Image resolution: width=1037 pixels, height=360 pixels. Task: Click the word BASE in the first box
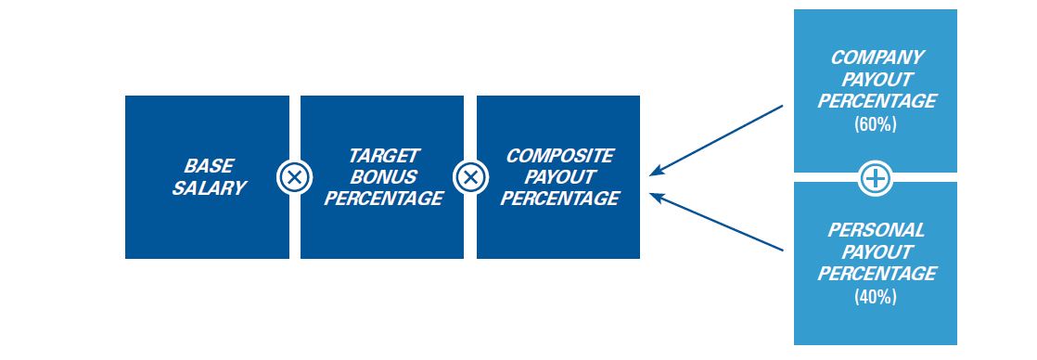pos(209,165)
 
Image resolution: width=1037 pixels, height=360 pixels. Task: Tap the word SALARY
pos(209,187)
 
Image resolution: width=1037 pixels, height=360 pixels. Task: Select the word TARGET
pos(384,156)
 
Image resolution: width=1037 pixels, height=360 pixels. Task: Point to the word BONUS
pos(384,176)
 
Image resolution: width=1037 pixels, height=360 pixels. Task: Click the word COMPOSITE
pos(559,156)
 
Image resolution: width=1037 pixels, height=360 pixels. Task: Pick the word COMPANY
pos(877,58)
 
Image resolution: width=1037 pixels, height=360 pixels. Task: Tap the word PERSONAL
pos(876,230)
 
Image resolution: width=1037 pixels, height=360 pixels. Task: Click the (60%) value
pos(876,123)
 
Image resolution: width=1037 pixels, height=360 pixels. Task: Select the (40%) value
pos(876,297)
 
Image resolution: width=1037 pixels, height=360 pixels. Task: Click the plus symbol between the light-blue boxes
pos(876,177)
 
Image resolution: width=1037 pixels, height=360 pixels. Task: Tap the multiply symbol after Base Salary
pos(294,177)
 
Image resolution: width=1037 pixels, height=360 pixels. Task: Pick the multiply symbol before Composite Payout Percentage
pos(470,177)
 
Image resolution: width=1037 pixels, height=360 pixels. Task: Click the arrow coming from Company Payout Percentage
pos(716,140)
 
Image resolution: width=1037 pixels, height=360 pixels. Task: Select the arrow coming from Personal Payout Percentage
pos(716,222)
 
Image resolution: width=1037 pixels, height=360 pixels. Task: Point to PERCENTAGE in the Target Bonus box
pos(384,199)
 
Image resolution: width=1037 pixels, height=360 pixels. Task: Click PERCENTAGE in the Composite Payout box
pos(559,199)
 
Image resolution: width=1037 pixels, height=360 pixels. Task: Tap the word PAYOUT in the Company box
pos(877,80)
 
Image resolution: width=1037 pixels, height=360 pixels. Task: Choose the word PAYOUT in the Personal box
pos(877,252)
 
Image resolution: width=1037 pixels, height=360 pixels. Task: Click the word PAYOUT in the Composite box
pos(559,176)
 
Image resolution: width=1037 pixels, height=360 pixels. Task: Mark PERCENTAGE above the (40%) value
pos(877,274)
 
